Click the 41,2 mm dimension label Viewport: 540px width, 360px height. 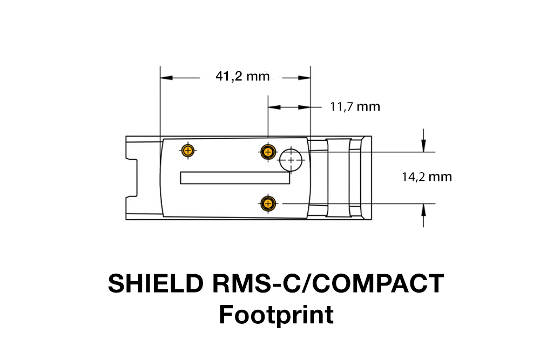[x=242, y=77]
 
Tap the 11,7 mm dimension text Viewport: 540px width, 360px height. [x=355, y=107]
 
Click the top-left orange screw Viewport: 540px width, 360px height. [x=187, y=151]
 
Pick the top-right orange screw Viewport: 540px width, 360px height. [x=267, y=152]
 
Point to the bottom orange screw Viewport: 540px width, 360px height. [x=267, y=203]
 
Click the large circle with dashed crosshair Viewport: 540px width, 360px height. [x=292, y=160]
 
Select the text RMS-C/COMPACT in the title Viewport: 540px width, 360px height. [x=325, y=284]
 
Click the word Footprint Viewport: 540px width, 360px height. [x=276, y=315]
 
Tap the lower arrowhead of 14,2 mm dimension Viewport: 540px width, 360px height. [x=424, y=208]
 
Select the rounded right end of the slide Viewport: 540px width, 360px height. [x=367, y=178]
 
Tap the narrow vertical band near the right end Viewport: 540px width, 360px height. [x=355, y=178]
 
